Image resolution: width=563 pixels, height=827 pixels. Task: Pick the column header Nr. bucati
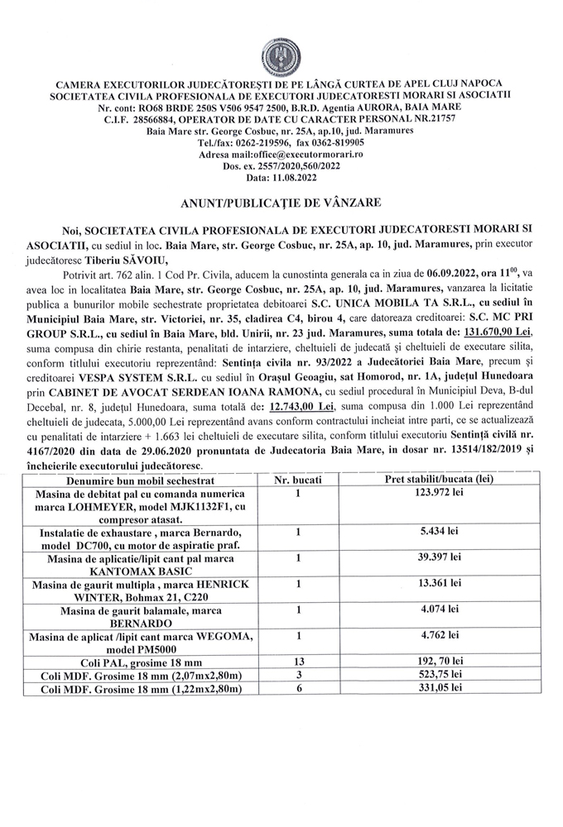point(297,480)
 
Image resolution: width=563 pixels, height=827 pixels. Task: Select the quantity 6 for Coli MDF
point(297,689)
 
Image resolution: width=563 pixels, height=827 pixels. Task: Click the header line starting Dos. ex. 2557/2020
point(281,166)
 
